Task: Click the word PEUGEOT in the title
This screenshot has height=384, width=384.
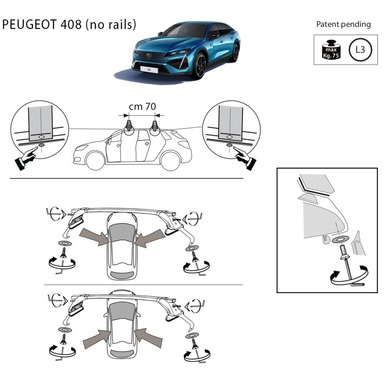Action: pyautogui.click(x=30, y=25)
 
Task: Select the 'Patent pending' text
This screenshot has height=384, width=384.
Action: pyautogui.click(x=343, y=24)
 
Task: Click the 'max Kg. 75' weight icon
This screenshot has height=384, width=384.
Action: pyautogui.click(x=331, y=50)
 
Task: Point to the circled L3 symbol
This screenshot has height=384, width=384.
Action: pyautogui.click(x=360, y=50)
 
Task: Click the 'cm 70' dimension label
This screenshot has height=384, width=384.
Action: pyautogui.click(x=142, y=106)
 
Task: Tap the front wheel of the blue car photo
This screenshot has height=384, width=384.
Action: pyautogui.click(x=201, y=66)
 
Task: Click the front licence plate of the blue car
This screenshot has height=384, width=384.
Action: pyautogui.click(x=149, y=69)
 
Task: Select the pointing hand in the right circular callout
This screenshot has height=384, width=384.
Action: pyautogui.click(x=244, y=158)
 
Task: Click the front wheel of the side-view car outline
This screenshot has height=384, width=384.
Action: pyautogui.click(x=96, y=161)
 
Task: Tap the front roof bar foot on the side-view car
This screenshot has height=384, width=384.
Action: pyautogui.click(x=129, y=127)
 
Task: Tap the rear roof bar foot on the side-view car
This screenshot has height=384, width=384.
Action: pyautogui.click(x=155, y=127)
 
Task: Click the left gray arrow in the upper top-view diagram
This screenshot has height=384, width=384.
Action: pyautogui.click(x=94, y=236)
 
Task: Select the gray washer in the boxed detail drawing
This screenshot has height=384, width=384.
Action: pyautogui.click(x=340, y=240)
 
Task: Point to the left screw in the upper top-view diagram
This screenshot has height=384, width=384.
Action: pyautogui.click(x=63, y=253)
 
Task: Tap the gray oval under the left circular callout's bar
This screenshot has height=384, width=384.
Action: pyautogui.click(x=42, y=145)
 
